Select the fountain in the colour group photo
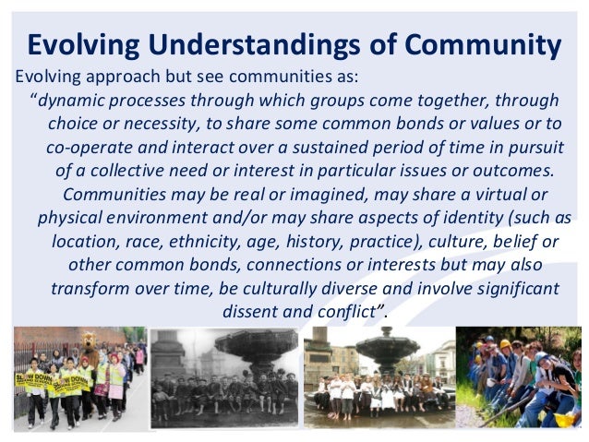387,350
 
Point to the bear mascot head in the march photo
90,348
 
